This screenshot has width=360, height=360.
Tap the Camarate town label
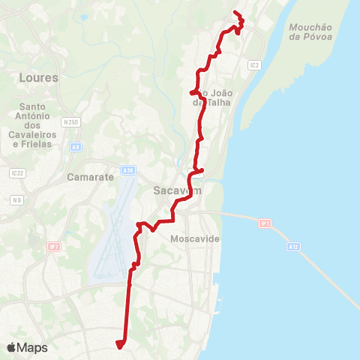90,178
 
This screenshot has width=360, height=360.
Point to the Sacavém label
174,190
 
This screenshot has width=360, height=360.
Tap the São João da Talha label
214,97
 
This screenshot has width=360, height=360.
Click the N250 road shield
71,121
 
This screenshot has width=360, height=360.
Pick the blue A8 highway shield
76,147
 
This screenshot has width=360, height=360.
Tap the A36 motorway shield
128,171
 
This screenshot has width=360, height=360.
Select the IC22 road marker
16,172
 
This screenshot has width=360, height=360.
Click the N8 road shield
16,200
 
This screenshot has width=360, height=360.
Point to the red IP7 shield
53,246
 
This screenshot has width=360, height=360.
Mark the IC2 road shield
254,65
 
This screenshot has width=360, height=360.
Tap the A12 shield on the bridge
293,246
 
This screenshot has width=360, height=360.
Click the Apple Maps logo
27,347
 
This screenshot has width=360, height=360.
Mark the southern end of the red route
118,345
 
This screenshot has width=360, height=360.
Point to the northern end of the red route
235,13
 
